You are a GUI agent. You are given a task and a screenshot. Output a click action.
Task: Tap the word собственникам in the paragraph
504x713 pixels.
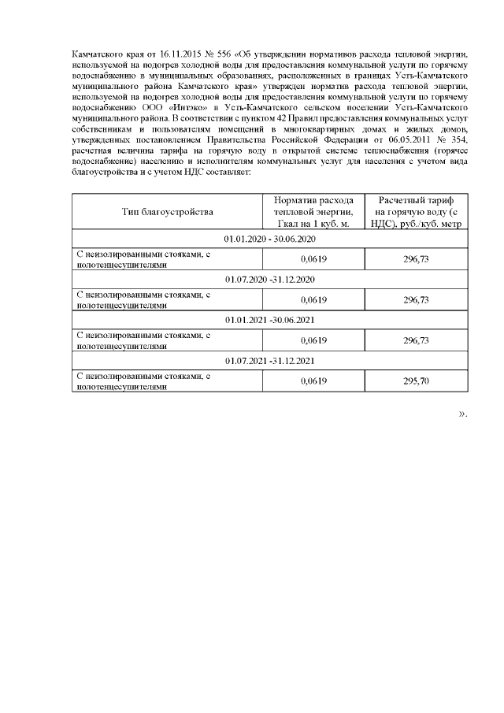(x=99, y=128)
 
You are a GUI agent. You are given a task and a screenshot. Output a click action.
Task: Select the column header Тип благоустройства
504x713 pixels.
(x=167, y=211)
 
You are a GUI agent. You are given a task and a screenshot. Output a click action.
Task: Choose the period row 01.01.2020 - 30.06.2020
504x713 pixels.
(x=269, y=238)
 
